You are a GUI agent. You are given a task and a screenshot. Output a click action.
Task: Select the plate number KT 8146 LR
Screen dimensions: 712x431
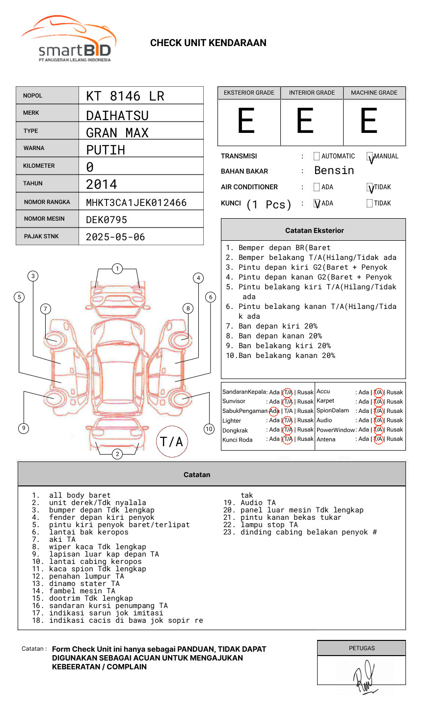click(125, 96)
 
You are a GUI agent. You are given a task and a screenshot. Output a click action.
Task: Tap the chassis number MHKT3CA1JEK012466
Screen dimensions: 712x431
click(136, 203)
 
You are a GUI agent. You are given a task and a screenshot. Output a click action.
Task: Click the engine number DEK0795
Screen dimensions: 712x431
click(107, 220)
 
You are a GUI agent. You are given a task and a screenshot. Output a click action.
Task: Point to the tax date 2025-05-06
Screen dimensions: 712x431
click(115, 237)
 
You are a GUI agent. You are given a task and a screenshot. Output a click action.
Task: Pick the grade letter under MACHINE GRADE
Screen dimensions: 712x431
click(369, 121)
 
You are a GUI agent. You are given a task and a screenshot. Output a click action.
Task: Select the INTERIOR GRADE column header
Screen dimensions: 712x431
click(312, 93)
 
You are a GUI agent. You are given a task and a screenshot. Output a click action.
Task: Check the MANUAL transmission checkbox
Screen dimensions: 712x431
click(370, 156)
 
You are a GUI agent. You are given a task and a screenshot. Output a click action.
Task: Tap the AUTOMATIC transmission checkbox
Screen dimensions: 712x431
click(317, 156)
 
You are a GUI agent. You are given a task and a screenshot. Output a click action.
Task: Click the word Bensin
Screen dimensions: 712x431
click(334, 171)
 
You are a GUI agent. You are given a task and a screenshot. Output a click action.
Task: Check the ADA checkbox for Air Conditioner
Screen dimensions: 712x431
click(317, 187)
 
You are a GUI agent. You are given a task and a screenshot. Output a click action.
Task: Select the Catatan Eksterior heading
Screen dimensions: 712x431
click(314, 230)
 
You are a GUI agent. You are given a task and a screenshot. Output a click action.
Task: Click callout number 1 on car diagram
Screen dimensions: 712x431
click(117, 268)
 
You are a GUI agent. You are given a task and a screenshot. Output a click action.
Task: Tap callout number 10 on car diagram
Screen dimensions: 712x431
click(209, 429)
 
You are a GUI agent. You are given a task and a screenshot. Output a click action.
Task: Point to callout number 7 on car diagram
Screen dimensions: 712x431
click(45, 308)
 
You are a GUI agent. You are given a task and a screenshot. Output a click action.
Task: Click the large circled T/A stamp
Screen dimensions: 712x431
click(171, 441)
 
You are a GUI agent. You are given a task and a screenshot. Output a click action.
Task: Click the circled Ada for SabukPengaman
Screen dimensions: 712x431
click(274, 411)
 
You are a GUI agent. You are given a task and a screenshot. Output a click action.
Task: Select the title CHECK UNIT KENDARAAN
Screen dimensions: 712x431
click(208, 43)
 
